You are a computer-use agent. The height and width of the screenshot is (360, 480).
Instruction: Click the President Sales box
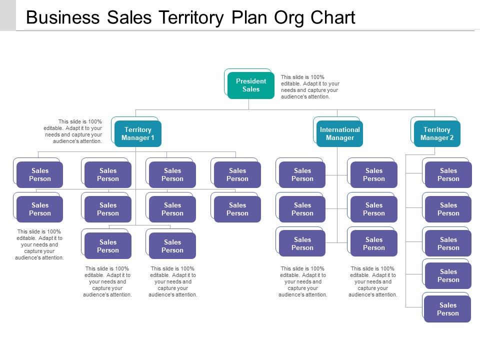251,85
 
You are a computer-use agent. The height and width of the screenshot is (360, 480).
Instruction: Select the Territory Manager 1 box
138,133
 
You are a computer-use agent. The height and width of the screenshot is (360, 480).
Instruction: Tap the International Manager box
339,133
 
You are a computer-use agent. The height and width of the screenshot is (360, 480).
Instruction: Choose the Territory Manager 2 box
437,133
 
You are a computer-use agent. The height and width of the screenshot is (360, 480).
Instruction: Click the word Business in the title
63,17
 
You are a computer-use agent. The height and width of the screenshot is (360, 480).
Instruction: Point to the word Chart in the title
332,17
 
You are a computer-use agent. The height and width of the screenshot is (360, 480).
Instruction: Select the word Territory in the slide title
191,17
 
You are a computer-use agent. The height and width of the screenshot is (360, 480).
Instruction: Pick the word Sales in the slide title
129,17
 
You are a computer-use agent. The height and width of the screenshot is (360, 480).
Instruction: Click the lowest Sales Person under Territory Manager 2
447,309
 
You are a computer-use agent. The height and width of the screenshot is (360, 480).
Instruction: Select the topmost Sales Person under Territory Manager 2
448,174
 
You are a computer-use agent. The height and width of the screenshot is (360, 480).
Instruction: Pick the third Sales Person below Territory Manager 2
448,243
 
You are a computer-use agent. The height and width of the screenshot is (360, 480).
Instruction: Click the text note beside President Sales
310,87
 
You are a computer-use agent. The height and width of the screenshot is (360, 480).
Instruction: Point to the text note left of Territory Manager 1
73,131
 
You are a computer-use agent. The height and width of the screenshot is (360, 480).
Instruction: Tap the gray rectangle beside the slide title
8,15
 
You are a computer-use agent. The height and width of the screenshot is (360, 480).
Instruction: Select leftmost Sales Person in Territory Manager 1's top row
40,174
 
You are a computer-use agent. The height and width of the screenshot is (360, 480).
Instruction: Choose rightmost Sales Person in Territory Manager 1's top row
237,174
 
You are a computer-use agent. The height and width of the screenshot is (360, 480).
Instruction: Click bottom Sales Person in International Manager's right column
373,243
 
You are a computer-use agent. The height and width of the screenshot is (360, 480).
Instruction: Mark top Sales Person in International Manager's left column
302,174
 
